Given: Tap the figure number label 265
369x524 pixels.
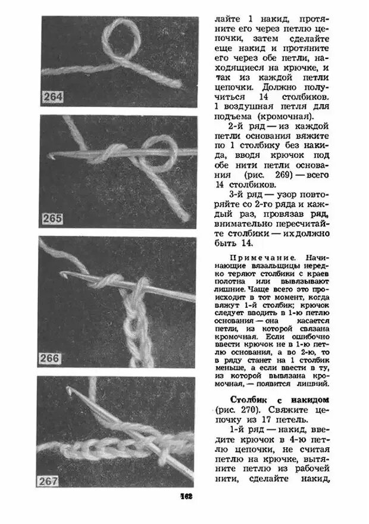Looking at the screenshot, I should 53,219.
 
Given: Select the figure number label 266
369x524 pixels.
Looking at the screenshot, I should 52,359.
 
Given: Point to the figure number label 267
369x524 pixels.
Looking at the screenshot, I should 52,481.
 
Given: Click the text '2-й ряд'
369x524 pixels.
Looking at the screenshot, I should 246,128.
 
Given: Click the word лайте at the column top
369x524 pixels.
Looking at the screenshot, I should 227,20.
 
